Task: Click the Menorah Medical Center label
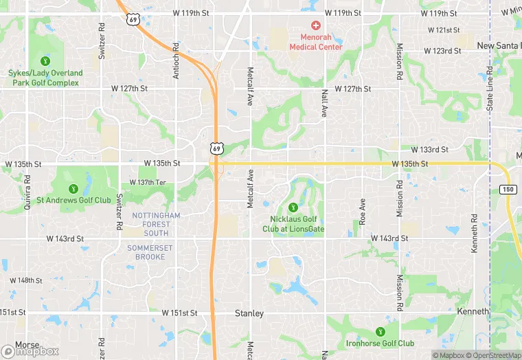317,43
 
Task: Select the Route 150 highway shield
508,189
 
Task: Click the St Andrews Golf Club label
73,201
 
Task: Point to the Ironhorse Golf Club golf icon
380,332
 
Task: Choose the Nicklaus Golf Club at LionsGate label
293,224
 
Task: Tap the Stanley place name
249,313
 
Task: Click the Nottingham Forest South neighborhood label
156,224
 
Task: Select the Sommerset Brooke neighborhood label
146,251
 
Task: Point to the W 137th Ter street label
148,182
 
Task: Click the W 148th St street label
26,280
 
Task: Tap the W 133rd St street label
429,149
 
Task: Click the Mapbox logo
30,351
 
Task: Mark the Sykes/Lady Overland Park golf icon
46,61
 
